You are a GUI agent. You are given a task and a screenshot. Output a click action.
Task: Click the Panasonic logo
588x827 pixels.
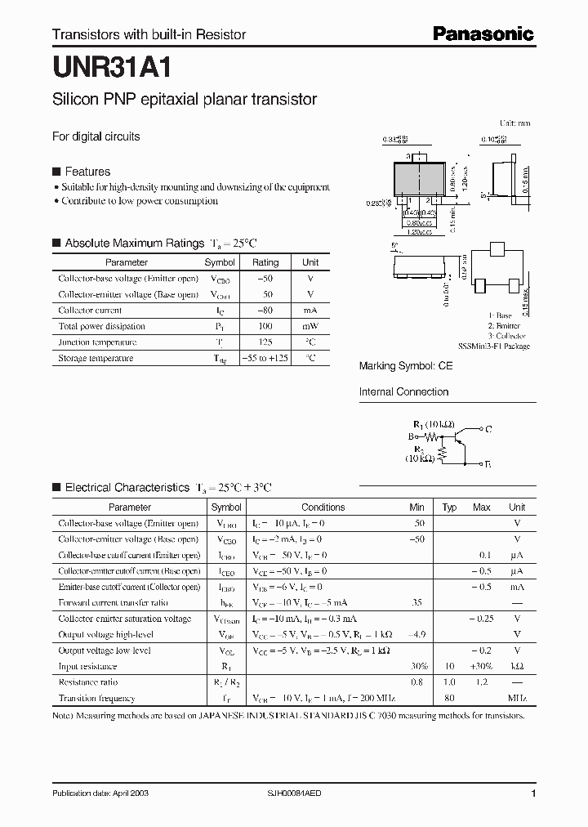coord(483,34)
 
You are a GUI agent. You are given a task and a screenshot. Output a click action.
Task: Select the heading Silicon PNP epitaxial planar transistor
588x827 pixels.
coord(185,100)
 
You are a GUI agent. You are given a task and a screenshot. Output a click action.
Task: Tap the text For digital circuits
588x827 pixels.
coord(96,136)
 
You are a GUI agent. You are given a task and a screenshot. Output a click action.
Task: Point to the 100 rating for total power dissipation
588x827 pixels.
coord(265,326)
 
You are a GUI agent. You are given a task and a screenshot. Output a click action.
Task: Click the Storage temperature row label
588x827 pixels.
coord(96,358)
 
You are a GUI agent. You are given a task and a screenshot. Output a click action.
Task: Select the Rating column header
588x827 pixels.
coord(265,262)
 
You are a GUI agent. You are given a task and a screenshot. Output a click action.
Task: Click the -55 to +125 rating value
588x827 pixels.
coord(265,358)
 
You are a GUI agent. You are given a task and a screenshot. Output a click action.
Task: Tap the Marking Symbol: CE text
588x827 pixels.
coord(405,367)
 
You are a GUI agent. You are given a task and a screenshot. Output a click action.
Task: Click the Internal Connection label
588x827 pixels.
coord(403,391)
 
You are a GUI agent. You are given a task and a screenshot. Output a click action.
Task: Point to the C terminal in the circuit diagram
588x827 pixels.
coord(488,428)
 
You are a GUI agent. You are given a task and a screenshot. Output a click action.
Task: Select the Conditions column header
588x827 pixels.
coord(323,507)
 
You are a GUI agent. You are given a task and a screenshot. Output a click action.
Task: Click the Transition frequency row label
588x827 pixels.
coord(97,698)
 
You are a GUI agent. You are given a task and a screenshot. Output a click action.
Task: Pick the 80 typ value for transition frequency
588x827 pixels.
coord(448,698)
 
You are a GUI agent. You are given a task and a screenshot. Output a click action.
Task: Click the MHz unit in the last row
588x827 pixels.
coord(516,698)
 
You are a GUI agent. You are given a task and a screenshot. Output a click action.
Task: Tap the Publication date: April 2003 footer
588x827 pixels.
coord(100,793)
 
